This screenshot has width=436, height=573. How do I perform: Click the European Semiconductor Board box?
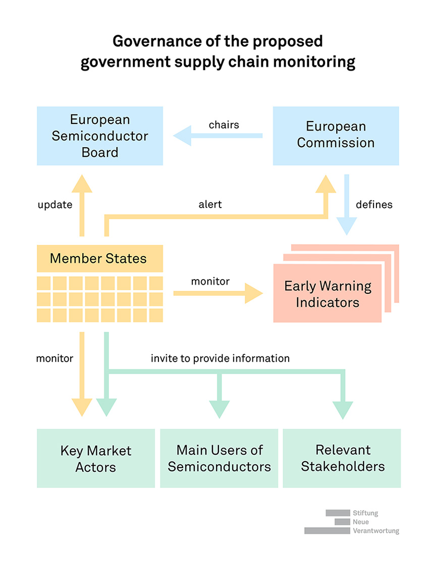(99, 136)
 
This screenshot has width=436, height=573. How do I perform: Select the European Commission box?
(336, 135)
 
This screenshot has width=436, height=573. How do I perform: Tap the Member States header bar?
(99, 259)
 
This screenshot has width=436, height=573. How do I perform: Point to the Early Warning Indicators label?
(328, 294)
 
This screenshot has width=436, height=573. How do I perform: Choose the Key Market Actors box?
(95, 458)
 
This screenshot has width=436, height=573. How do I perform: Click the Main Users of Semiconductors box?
(219, 458)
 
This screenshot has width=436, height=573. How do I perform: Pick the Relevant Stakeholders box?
(342, 458)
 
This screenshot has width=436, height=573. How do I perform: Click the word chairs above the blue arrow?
(224, 124)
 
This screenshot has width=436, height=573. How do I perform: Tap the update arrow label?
(55, 205)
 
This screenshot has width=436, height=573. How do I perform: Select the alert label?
(210, 205)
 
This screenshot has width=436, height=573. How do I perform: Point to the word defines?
(374, 205)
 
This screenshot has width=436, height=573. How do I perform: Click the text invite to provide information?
(220, 358)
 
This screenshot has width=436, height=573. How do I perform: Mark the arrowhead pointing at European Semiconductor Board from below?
(81, 183)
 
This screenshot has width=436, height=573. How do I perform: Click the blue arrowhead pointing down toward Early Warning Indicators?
(346, 227)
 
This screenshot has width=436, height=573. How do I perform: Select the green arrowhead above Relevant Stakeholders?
(343, 410)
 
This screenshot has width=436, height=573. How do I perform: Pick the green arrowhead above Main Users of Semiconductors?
(219, 410)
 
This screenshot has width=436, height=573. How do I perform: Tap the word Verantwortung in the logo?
(376, 531)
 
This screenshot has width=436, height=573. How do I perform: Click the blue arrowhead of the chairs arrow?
(182, 136)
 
